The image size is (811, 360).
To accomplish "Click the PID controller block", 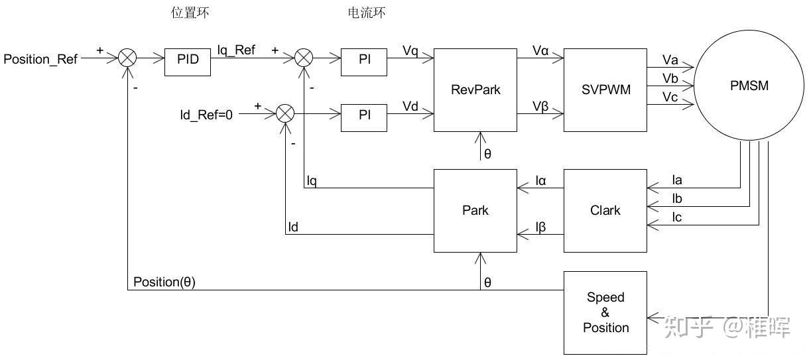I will pos(188,60).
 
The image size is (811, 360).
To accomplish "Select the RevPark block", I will pos(475,90).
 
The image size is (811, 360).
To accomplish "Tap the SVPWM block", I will pos(605,90).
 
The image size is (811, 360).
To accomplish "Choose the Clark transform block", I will pos(605,211).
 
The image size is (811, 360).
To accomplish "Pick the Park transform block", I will pos(475,211).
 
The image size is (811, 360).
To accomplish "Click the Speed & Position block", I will pos(605,313).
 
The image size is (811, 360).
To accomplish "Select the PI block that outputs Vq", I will pos(364,60).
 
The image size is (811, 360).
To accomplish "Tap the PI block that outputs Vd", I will pos(364,115).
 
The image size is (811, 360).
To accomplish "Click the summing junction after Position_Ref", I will pos(127,58).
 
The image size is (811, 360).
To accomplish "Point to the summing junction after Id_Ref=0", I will pos(284,114).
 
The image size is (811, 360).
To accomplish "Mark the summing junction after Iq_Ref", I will pos(303,58).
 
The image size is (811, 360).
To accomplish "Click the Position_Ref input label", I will pos(40,60).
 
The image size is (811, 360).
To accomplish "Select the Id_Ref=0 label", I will pos(206,115).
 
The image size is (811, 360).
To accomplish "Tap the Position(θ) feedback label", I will pos(164,282).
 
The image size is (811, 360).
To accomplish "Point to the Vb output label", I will pos(670,78).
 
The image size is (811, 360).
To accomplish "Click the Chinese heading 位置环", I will pos(190,13).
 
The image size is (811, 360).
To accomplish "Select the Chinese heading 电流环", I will pos(367,13).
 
